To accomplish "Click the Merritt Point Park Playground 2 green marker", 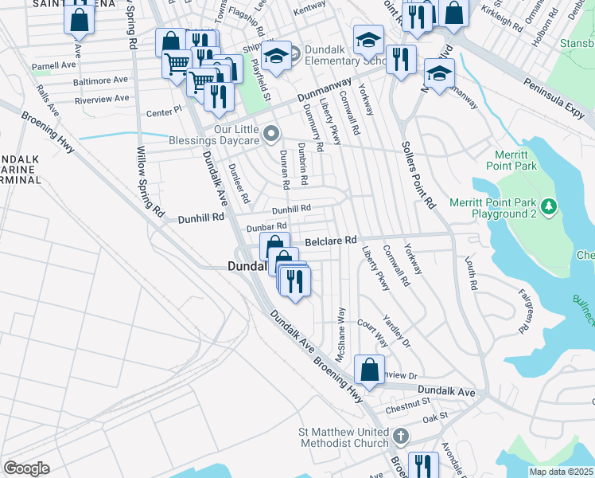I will [x=548, y=207].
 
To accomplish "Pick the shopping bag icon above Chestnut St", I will [x=368, y=370].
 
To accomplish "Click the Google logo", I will [x=26, y=468].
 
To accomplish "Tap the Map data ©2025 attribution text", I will [x=561, y=472].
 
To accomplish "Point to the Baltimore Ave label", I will [x=101, y=80].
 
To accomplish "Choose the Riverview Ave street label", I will [x=101, y=99].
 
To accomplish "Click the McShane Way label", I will [x=340, y=335].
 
